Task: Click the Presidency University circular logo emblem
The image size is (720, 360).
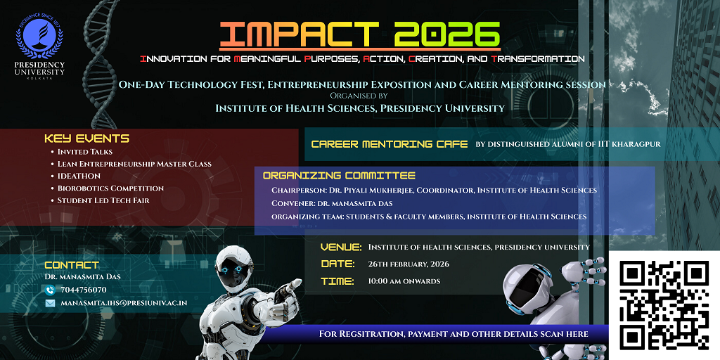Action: coord(39,38)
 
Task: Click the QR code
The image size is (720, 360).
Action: coord(664,304)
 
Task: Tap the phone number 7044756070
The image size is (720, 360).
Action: coord(83,290)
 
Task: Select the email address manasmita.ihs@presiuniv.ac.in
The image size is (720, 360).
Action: coord(124,303)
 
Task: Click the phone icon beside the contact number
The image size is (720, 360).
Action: coord(50,290)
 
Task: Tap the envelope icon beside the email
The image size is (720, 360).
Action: coord(50,303)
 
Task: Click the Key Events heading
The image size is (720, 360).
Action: coord(86,139)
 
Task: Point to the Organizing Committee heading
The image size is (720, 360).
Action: coord(339,175)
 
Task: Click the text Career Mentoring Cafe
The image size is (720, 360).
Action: coord(390,144)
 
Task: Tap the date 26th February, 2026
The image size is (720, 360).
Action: coord(409,264)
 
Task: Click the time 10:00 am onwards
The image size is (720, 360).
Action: coord(404,281)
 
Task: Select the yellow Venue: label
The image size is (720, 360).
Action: coord(341,247)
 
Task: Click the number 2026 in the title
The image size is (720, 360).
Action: coord(447,35)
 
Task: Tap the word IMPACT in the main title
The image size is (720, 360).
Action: coord(299,35)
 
